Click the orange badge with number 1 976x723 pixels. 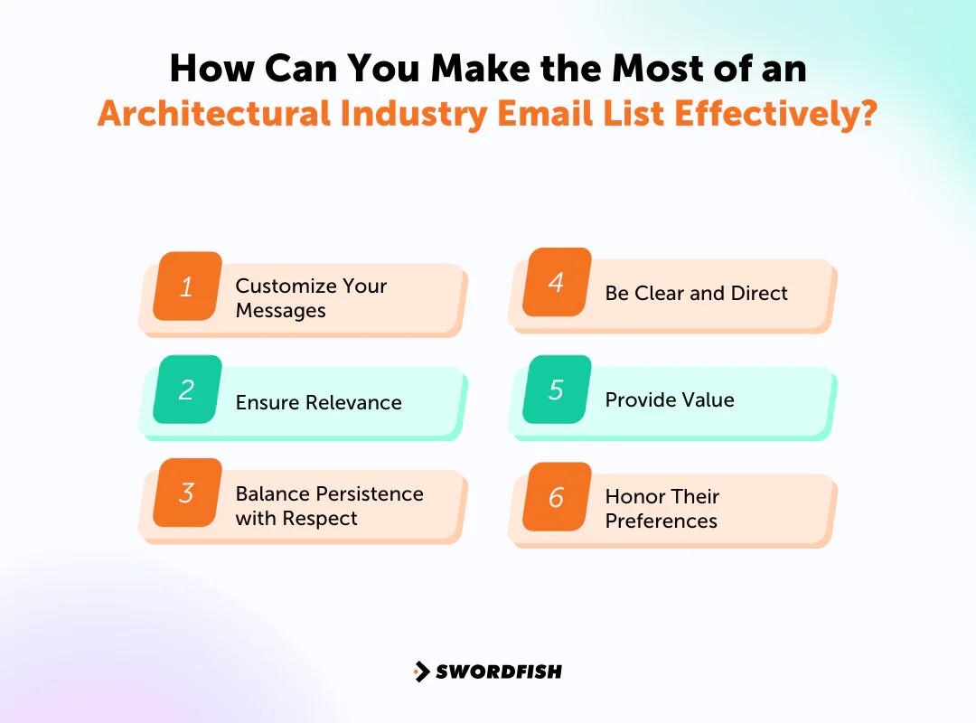[x=187, y=286]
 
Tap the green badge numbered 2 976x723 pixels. [x=187, y=390]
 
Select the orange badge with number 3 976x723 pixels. [x=187, y=493]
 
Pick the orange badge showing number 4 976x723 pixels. [x=557, y=282]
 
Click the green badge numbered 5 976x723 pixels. [x=557, y=390]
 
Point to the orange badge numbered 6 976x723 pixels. [x=557, y=496]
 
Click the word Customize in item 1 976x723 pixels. [x=283, y=286]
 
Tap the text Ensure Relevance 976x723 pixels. [x=318, y=403]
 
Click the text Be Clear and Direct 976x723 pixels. [x=696, y=294]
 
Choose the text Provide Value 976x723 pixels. [x=670, y=400]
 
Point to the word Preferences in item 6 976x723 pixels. [x=661, y=521]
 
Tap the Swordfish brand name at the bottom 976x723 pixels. [x=499, y=671]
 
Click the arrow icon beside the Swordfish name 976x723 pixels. [x=421, y=671]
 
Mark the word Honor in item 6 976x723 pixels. [x=634, y=496]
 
